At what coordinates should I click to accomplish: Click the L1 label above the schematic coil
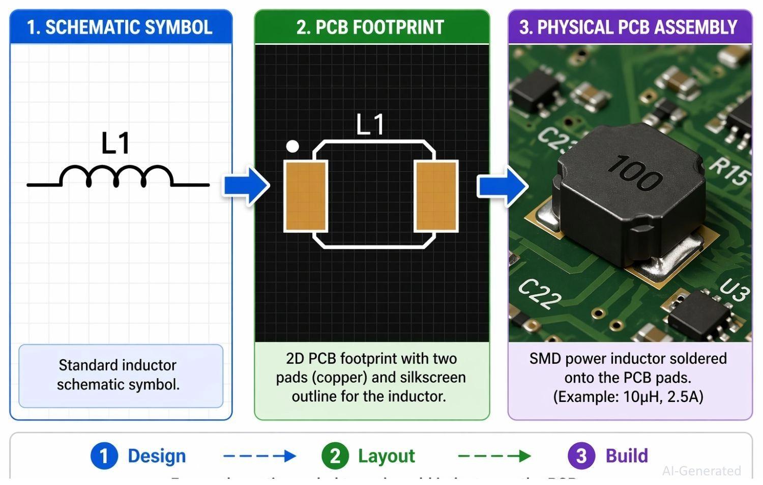(115, 143)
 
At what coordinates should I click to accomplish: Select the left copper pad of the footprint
(305, 196)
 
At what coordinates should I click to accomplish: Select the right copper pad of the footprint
(436, 196)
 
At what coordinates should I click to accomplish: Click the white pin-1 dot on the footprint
(292, 147)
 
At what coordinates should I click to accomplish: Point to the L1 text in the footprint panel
(370, 124)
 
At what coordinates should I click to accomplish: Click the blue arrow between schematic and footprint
(246, 185)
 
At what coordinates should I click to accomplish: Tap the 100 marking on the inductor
(635, 173)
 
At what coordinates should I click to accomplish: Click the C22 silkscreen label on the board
(540, 294)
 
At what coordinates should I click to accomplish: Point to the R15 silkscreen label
(730, 170)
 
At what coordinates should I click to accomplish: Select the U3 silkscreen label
(735, 291)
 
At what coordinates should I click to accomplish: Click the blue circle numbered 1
(104, 455)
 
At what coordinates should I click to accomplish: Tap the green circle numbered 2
(335, 455)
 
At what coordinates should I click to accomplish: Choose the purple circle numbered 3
(581, 455)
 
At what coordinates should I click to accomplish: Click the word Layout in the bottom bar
(386, 455)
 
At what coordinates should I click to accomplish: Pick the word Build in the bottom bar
(627, 455)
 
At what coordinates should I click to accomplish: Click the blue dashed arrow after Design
(259, 455)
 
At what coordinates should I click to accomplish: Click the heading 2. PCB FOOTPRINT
(370, 27)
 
